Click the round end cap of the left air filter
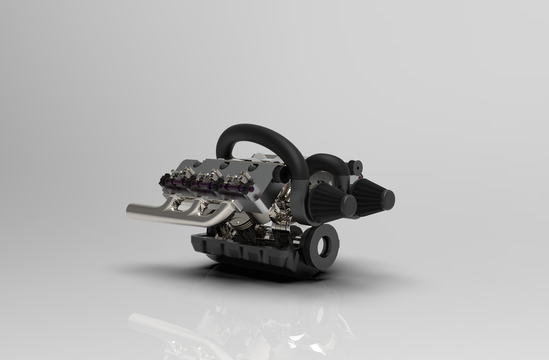(x=347, y=206)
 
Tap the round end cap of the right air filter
(x=387, y=200)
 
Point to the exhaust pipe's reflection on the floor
(x=166, y=329)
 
